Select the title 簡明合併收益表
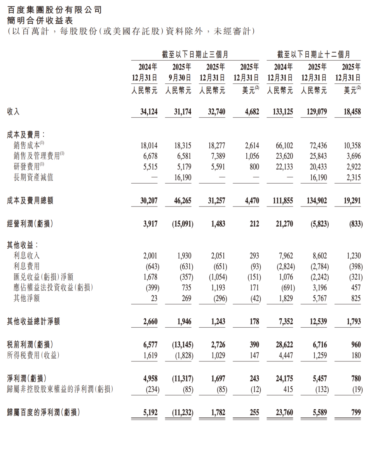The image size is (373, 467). tap(40, 21)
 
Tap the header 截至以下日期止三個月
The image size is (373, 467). tap(195, 54)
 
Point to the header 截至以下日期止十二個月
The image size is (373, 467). tap(314, 54)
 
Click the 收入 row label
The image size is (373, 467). tap(14, 112)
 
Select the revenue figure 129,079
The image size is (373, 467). tap(314, 112)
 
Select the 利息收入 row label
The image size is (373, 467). tap(26, 255)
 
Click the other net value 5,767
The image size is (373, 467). tap(317, 298)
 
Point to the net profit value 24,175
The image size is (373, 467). tap(282, 378)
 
